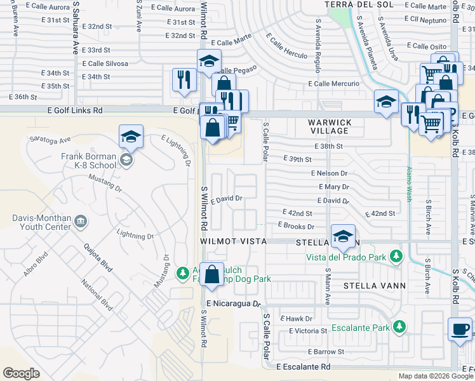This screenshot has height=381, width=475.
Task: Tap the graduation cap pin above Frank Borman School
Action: tap(131, 137)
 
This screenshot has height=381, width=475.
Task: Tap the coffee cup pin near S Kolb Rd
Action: tap(460, 330)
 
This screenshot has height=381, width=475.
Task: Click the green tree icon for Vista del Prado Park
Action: tap(397, 256)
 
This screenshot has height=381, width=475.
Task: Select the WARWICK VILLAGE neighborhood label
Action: tap(329, 126)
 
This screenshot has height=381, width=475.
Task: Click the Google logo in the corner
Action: tap(21, 373)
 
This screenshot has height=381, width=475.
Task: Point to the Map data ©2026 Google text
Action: tap(436, 376)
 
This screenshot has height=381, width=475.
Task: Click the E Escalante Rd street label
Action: tap(304, 366)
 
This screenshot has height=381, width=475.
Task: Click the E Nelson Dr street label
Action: tap(329, 173)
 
